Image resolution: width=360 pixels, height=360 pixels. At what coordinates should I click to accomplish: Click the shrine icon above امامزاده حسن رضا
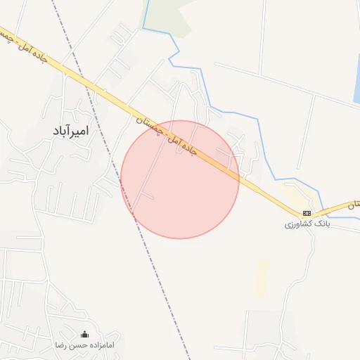click(x=85, y=335)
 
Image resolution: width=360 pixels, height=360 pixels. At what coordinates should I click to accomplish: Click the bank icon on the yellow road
click(x=307, y=213)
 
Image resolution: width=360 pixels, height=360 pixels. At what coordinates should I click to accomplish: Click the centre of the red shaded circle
click(x=180, y=179)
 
